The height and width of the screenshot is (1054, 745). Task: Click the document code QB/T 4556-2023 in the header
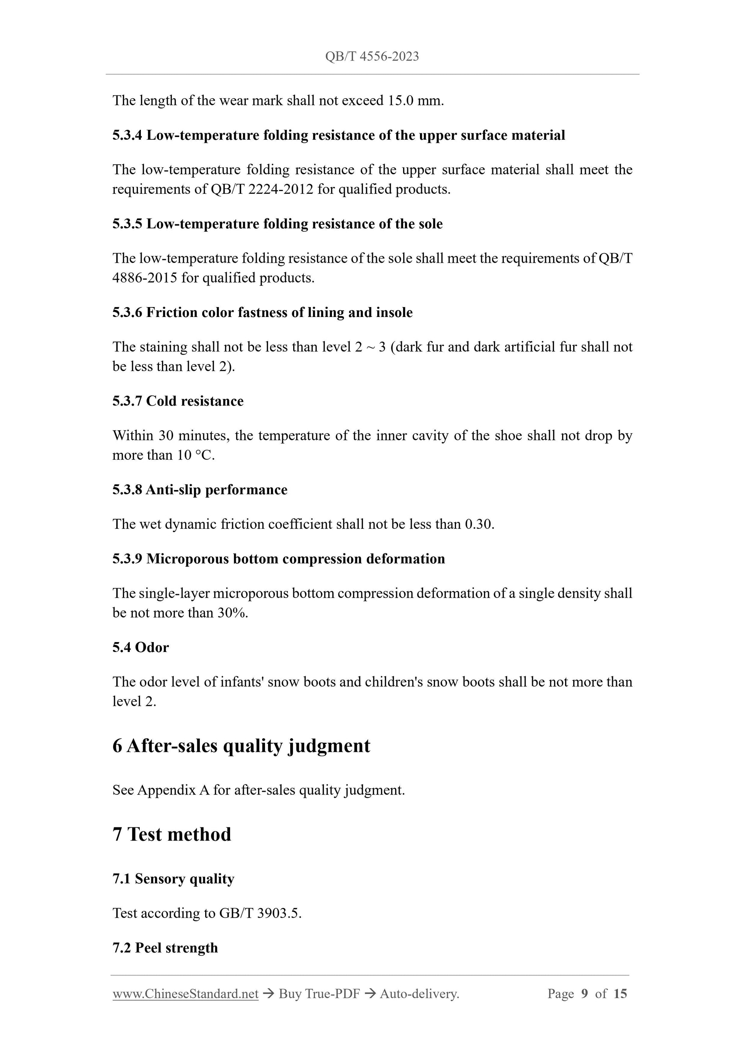[x=372, y=56]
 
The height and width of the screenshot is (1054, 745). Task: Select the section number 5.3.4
[x=127, y=136]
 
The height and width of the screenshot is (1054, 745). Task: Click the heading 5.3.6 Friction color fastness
[x=262, y=313]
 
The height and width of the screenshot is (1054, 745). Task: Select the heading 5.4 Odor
[x=141, y=647]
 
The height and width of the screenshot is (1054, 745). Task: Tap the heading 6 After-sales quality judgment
[x=241, y=746]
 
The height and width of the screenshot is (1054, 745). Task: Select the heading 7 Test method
[x=172, y=834]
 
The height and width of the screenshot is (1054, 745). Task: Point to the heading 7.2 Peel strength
[x=165, y=948]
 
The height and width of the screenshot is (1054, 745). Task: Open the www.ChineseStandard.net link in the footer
[x=185, y=994]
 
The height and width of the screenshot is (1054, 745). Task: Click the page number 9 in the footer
[x=584, y=994]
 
